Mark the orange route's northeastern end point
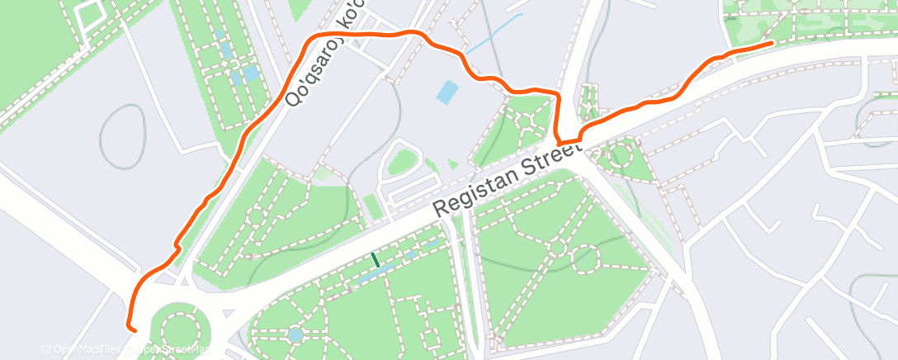click(771, 42)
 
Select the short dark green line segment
click(375, 259)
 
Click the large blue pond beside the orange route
click(445, 92)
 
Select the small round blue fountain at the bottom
click(295, 335)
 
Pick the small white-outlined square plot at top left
click(87, 11)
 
